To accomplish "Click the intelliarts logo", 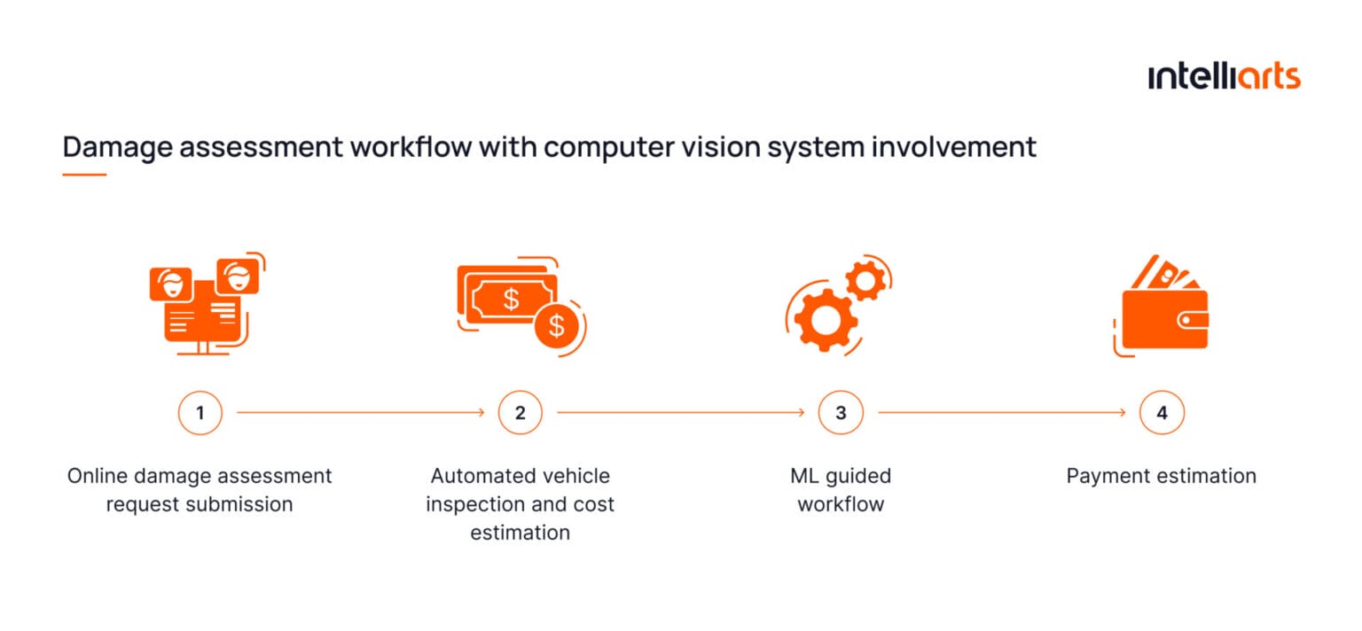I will (1224, 76).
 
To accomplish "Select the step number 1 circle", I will (200, 413).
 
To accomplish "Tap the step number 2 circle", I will (520, 413).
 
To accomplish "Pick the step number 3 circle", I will (841, 413).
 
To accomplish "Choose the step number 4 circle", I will (1162, 413).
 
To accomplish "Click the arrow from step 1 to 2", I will (360, 413).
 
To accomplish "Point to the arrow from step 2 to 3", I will (680, 413).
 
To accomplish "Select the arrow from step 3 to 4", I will (1001, 413).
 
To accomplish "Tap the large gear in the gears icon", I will (825, 319).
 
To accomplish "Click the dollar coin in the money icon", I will (556, 326).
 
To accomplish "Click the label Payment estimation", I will (1161, 476).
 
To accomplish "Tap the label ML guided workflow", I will (841, 490).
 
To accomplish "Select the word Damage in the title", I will (118, 146).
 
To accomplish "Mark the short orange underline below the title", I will (84, 175).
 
